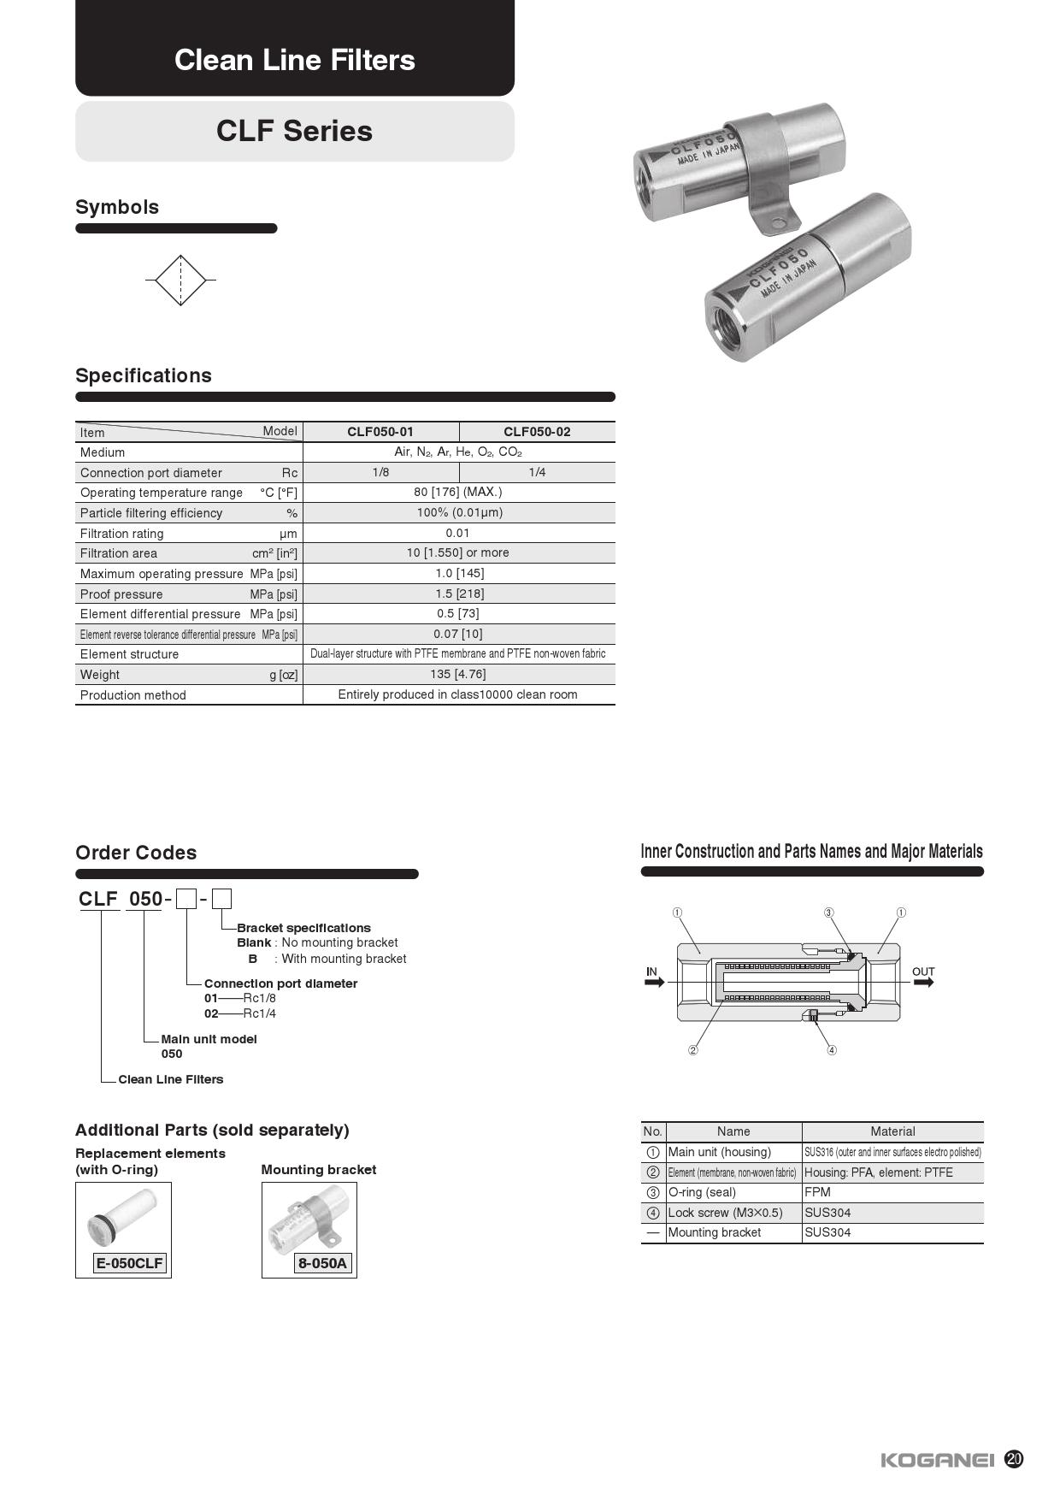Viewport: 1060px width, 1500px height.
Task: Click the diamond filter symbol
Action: click(180, 280)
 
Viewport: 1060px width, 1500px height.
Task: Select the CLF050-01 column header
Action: click(380, 432)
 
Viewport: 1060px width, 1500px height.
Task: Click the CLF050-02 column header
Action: click(537, 432)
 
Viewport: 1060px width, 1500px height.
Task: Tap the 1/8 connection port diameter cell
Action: click(380, 472)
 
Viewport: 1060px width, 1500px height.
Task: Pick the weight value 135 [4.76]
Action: click(458, 674)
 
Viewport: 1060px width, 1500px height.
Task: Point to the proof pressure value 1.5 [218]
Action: click(458, 594)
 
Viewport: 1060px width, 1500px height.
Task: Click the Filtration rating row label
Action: click(122, 534)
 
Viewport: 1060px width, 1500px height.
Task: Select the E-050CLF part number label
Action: click(129, 1263)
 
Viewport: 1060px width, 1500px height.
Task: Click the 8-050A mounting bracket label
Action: click(322, 1263)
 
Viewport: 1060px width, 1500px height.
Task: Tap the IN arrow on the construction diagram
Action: click(654, 983)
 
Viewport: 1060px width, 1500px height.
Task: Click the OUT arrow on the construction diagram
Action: click(924, 983)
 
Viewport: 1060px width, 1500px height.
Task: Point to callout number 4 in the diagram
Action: click(832, 1050)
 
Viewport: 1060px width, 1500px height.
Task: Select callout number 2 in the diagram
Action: click(693, 1050)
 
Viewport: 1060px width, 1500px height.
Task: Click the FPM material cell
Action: click(817, 1192)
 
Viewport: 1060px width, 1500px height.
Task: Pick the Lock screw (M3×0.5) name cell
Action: click(725, 1213)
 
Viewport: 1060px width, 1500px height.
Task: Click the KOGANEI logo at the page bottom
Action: click(937, 1460)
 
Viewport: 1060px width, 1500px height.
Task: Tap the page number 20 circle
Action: click(1014, 1459)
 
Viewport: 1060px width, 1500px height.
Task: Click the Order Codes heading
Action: click(136, 853)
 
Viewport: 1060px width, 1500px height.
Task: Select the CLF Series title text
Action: click(294, 131)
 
